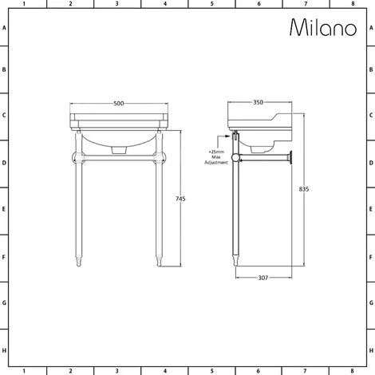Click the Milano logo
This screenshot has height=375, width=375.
[323, 27]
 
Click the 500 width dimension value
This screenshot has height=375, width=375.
[119, 104]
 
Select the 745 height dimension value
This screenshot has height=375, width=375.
[180, 199]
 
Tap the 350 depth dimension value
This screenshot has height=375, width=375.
[258, 102]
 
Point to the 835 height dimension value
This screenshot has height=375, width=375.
[304, 189]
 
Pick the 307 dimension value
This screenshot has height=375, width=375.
[263, 278]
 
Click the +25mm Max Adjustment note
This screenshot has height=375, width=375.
[216, 157]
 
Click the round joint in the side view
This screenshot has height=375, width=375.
[235, 158]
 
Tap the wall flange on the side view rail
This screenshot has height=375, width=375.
[291, 157]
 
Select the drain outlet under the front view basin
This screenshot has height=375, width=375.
[119, 150]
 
